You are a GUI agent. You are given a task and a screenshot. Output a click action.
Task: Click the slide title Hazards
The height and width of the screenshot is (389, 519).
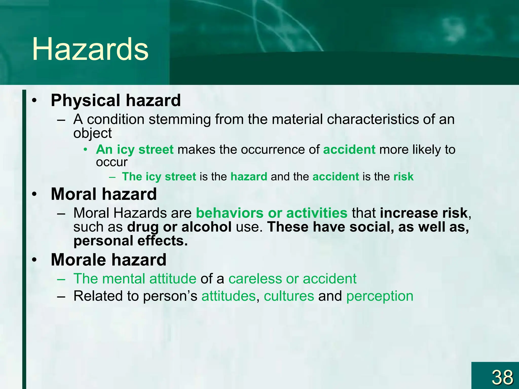click(x=90, y=49)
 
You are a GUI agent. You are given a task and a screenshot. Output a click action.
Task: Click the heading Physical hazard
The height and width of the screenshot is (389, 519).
click(x=116, y=100)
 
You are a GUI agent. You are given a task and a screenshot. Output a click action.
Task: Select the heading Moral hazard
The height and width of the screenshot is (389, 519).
click(x=104, y=194)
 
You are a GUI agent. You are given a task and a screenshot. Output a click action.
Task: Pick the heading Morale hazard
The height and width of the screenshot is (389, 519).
click(x=108, y=260)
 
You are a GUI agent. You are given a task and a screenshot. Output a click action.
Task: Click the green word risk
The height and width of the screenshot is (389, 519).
click(x=403, y=177)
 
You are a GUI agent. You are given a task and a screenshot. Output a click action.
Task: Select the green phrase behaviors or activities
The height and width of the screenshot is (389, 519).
click(x=271, y=213)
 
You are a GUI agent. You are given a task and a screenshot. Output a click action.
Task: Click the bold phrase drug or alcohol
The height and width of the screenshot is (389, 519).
click(x=179, y=227)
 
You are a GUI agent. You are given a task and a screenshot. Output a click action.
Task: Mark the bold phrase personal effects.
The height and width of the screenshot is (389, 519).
click(x=131, y=241)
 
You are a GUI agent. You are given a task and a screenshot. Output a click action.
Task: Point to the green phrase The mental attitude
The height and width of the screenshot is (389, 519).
click(x=135, y=279)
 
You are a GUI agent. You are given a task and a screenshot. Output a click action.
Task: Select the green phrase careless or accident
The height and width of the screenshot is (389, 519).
click(x=292, y=279)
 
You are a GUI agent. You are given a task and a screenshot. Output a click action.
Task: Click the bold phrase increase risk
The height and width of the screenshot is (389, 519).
click(x=423, y=213)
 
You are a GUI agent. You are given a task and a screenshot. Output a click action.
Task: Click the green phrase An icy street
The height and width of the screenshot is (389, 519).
click(x=135, y=149)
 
